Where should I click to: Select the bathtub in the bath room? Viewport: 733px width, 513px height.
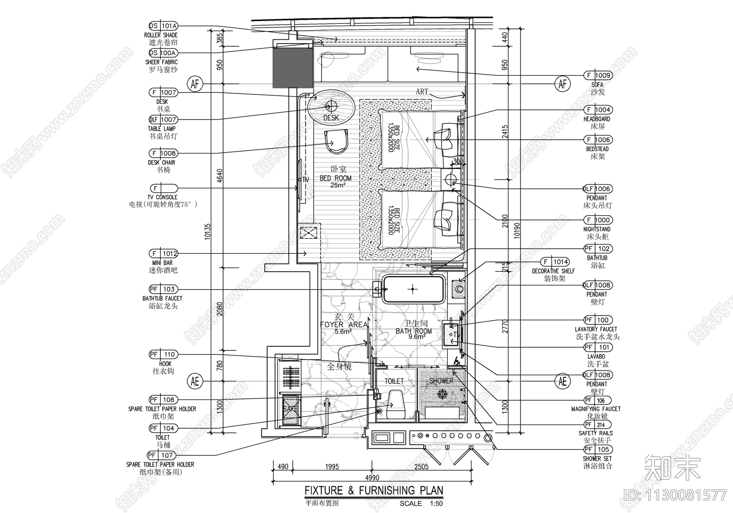tap(414, 289)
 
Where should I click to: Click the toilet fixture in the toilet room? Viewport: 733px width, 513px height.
tap(395, 404)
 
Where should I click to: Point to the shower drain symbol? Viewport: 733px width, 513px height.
tap(443, 393)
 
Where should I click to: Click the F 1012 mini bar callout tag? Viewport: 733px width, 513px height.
tap(163, 253)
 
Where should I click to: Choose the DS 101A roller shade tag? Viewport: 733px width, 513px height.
tap(163, 26)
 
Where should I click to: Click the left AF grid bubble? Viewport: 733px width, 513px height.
tap(195, 84)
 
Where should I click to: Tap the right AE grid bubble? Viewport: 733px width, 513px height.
tap(562, 381)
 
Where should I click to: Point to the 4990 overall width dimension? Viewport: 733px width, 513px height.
tap(372, 478)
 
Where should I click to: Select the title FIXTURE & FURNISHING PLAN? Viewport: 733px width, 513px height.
tap(374, 491)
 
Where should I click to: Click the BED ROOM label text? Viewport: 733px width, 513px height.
tap(335, 178)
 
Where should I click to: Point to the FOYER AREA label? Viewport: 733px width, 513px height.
tap(344, 324)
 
